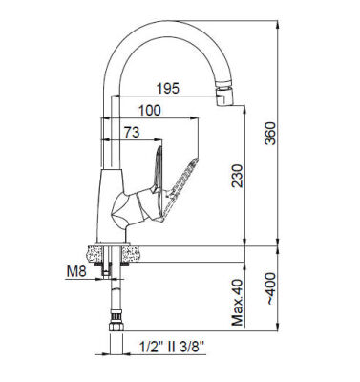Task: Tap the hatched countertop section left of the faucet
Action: [96, 252]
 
